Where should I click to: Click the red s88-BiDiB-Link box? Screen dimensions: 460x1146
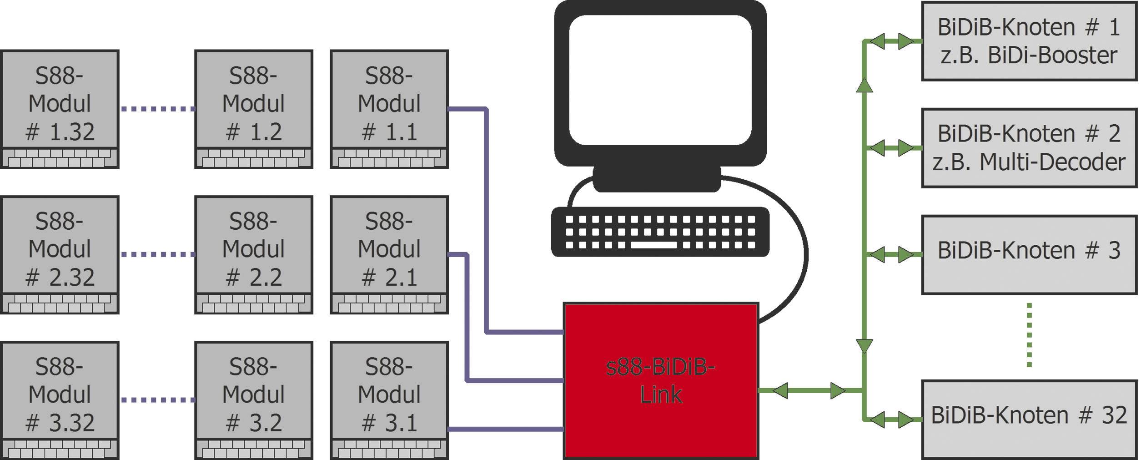[660, 380]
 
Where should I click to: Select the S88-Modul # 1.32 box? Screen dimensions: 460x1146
[60, 109]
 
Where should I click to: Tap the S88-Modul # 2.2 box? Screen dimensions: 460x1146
[253, 254]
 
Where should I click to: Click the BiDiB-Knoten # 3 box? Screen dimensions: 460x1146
[1029, 255]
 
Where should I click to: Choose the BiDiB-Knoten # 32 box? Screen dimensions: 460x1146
[1029, 419]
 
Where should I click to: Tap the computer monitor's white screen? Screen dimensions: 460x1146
[660, 80]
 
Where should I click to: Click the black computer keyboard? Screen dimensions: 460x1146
[660, 232]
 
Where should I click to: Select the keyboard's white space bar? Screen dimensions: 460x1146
[653, 245]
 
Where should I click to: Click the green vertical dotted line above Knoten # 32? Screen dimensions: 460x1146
[1029, 335]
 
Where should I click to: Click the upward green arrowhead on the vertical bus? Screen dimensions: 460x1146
[864, 85]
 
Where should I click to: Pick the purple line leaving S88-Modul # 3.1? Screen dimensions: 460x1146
[505, 429]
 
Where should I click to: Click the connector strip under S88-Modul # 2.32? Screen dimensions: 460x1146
[60, 303]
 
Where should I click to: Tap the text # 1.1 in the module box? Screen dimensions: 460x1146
[389, 132]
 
